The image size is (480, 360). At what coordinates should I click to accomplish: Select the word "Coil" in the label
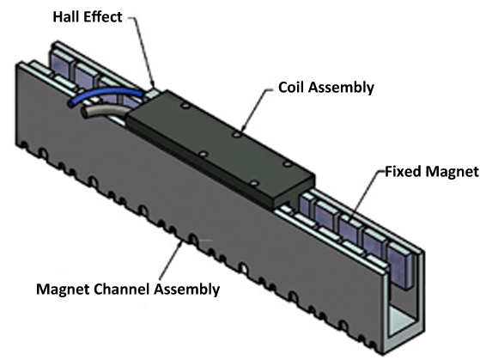pos(291,88)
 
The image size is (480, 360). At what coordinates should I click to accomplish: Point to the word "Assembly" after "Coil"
pos(341,88)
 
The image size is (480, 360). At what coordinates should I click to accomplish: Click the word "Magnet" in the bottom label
pos(63,290)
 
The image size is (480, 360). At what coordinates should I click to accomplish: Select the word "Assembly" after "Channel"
pos(186,290)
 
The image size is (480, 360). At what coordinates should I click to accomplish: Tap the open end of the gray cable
pos(84,113)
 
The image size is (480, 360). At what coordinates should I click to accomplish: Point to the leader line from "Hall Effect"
pos(143,52)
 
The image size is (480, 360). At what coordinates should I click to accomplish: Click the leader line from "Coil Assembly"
pos(257,109)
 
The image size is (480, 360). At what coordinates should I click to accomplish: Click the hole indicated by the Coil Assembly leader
pos(236,134)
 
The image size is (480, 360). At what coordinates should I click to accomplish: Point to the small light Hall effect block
pos(152,93)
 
